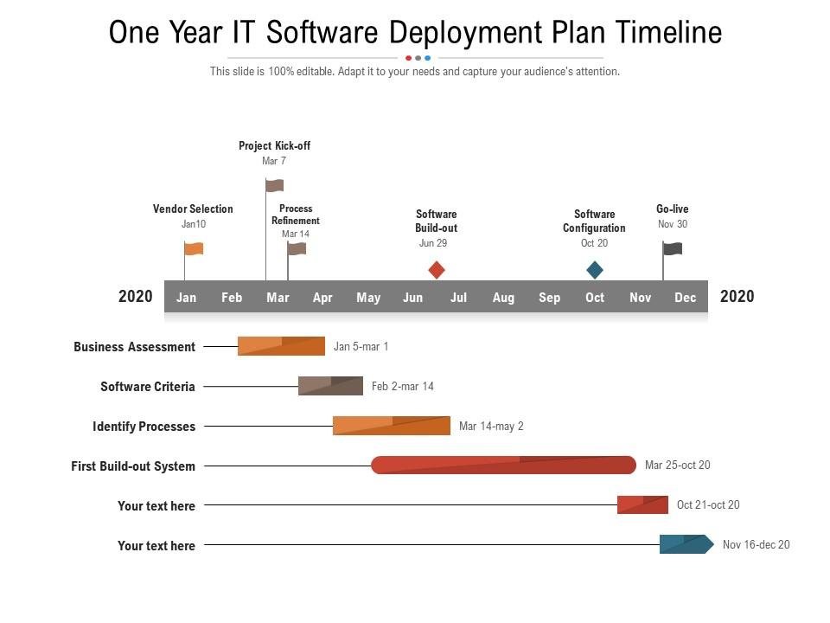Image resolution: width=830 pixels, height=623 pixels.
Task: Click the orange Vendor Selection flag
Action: coord(194,248)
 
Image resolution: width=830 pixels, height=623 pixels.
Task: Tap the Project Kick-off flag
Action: coord(275,185)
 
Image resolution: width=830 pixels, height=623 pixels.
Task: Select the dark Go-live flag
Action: coord(673,248)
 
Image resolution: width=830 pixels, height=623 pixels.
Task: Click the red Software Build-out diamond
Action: coord(437,270)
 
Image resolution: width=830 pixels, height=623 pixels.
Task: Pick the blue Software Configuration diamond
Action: coord(595,270)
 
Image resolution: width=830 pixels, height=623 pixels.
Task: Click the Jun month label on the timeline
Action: coord(413,298)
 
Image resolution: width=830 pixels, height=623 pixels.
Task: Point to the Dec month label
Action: coord(685,298)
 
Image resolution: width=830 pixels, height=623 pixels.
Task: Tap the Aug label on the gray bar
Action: coord(503,298)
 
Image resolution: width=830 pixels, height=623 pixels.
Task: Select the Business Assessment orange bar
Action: coord(282,346)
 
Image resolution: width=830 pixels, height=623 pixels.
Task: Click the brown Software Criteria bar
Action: coord(331,386)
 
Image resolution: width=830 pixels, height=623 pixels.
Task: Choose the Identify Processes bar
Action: coord(392,426)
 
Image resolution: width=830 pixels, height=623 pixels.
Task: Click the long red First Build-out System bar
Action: coord(504,466)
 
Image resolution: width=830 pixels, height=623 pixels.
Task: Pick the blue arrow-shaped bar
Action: coord(686,544)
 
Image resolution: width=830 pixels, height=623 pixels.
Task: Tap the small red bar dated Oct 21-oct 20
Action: coord(642,504)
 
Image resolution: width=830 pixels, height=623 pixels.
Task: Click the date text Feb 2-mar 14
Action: coord(403,386)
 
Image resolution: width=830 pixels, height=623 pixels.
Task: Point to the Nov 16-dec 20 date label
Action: coord(757,544)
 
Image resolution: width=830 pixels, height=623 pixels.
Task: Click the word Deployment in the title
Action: coord(466,32)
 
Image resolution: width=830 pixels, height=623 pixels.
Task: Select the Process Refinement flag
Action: coord(297,249)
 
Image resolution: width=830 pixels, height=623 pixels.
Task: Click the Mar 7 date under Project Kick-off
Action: coord(274,161)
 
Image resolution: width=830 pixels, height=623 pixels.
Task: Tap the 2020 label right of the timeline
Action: coord(737,296)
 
